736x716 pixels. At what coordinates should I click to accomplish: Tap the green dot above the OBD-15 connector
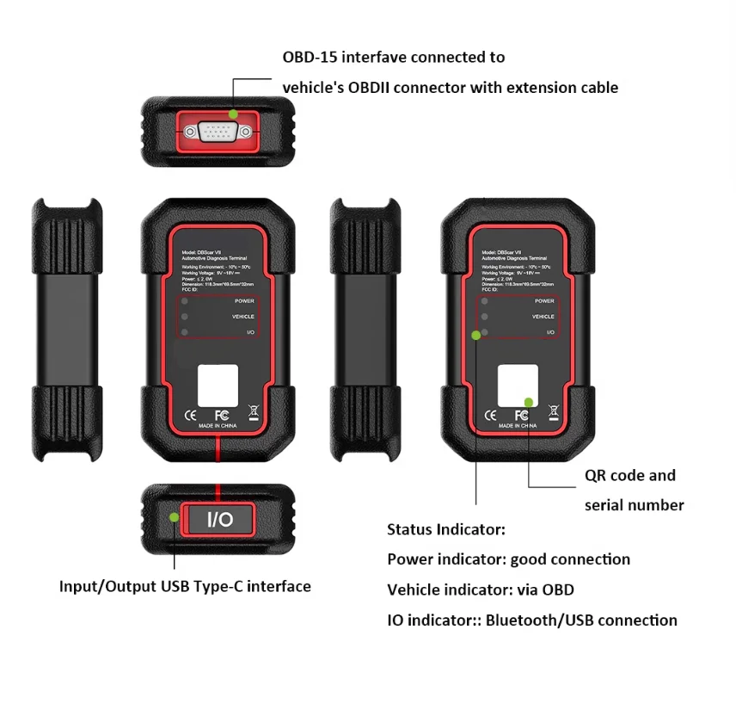click(233, 114)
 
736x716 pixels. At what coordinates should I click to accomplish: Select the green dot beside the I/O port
click(175, 517)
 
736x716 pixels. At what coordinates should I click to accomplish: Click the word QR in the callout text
click(598, 476)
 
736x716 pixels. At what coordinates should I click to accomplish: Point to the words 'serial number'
click(634, 505)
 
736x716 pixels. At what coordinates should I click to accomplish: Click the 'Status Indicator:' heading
click(445, 529)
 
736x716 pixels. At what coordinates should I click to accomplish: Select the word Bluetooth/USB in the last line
click(531, 620)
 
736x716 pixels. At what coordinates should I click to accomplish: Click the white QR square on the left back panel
click(218, 385)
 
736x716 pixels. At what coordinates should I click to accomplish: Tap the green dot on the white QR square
click(529, 402)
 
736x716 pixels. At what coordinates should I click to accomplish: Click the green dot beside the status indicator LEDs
click(475, 336)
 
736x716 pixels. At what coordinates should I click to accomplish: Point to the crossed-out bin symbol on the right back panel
click(553, 411)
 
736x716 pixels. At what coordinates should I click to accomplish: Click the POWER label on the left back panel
click(245, 301)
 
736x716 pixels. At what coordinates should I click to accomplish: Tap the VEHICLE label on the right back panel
click(543, 317)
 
